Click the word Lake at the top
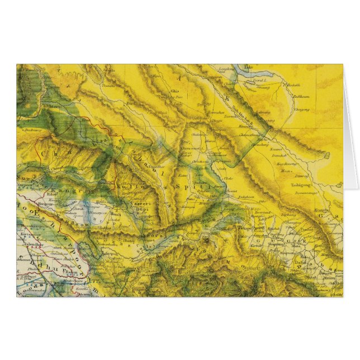pyautogui.click(x=249, y=67)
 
